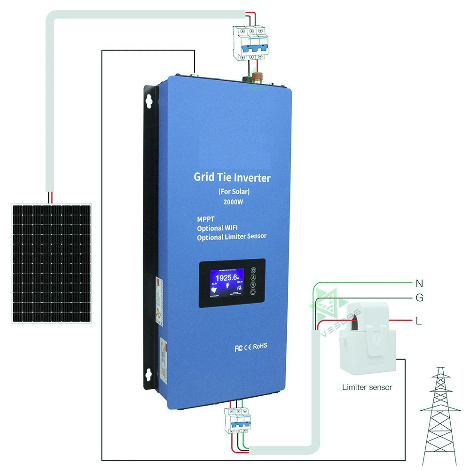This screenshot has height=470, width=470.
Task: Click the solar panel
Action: tap(51, 263)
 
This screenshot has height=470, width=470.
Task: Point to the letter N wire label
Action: tap(419, 283)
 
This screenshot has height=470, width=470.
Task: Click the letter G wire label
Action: tap(419, 298)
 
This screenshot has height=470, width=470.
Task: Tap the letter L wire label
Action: tap(419, 321)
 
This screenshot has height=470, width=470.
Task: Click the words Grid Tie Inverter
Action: tap(232, 178)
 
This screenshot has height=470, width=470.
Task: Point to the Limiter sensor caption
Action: tap(367, 387)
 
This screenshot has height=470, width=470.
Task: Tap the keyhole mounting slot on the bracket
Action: tap(150, 101)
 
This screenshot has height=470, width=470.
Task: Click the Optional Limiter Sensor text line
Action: tap(232, 237)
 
